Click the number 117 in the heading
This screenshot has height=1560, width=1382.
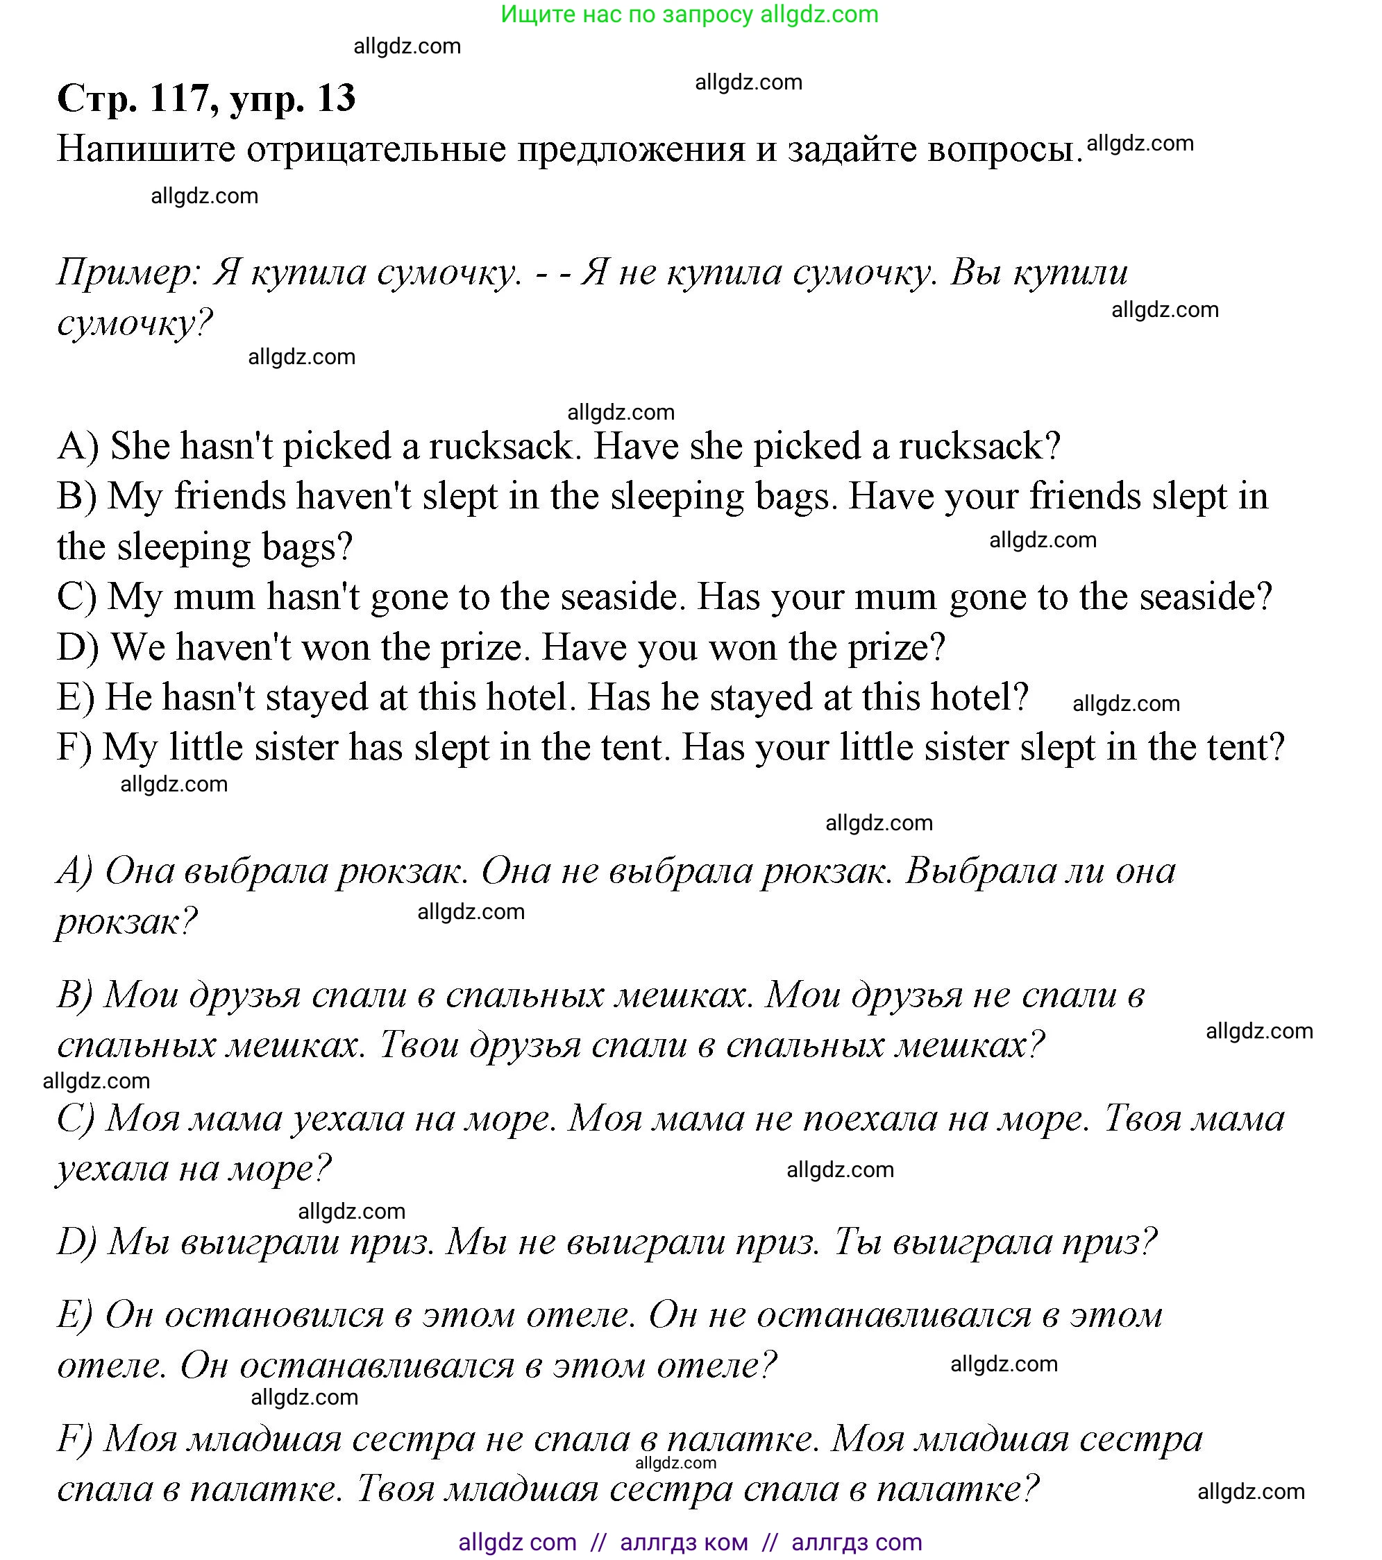pyautogui.click(x=179, y=98)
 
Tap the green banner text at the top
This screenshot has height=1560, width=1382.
pyautogui.click(x=689, y=15)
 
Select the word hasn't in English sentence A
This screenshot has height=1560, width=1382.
pyautogui.click(x=227, y=446)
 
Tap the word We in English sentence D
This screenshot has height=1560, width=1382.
pyautogui.click(x=138, y=647)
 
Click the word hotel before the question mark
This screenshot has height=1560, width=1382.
pyautogui.click(x=977, y=697)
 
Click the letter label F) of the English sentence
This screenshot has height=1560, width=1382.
pyautogui.click(x=74, y=747)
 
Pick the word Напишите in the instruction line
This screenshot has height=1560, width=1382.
pyautogui.click(x=146, y=149)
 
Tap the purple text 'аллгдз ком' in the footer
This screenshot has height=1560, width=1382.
pyautogui.click(x=684, y=1543)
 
